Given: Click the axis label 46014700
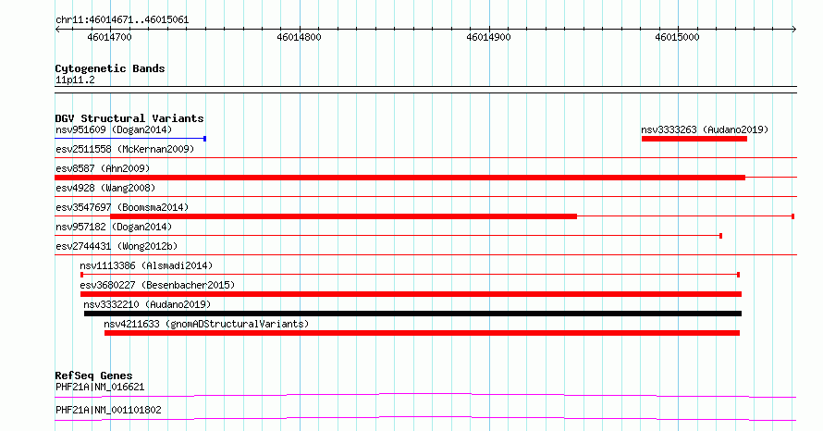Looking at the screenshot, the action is pyautogui.click(x=110, y=37).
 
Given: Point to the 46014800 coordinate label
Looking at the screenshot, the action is pyautogui.click(x=300, y=37).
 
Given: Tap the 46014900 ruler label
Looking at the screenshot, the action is pyautogui.click(x=488, y=37).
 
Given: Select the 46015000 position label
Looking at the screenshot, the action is pyautogui.click(x=678, y=37).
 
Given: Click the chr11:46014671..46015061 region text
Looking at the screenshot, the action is pyautogui.click(x=122, y=20).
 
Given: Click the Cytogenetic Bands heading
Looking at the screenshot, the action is pyautogui.click(x=110, y=68).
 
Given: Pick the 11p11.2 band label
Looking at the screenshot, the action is pyautogui.click(x=75, y=80).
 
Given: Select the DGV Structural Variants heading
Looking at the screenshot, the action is pyautogui.click(x=129, y=118).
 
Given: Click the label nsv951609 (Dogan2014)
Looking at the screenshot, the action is pyautogui.click(x=114, y=129).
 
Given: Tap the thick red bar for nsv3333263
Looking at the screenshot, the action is pyautogui.click(x=694, y=139).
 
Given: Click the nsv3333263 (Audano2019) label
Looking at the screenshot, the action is pyautogui.click(x=705, y=129).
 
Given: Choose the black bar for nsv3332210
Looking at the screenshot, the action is pyautogui.click(x=413, y=314).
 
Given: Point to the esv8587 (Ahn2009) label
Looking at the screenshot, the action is pyautogui.click(x=103, y=168).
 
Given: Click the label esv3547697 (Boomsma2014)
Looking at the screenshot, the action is pyautogui.click(x=122, y=207).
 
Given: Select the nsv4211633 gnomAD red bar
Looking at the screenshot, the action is pyautogui.click(x=422, y=333).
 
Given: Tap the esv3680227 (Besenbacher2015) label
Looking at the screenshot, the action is pyautogui.click(x=157, y=285).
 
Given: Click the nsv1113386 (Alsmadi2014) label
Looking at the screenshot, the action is pyautogui.click(x=146, y=265).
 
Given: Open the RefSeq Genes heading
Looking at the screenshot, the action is pyautogui.click(x=94, y=376).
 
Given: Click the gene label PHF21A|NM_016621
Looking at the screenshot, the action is pyautogui.click(x=100, y=387).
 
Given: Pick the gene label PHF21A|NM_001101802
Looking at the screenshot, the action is pyautogui.click(x=108, y=410).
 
